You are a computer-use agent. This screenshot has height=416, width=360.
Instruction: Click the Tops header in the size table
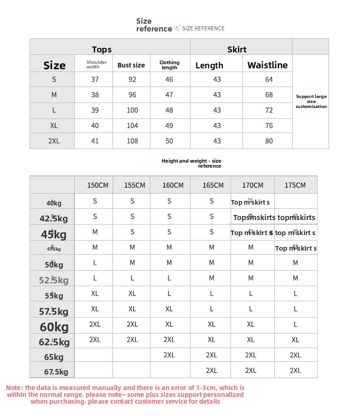click(x=102, y=49)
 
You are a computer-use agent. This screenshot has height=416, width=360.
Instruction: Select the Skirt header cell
click(x=237, y=49)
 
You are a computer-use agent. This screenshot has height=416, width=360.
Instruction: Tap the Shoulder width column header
click(x=96, y=65)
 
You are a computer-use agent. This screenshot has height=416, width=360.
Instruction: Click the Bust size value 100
click(x=132, y=110)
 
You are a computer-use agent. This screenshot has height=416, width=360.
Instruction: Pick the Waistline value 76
click(x=269, y=126)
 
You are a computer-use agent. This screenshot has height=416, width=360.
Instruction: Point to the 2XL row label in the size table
click(x=54, y=141)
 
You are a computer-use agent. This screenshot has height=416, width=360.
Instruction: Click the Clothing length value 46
click(x=169, y=79)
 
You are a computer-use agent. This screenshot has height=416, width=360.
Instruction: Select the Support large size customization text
click(x=311, y=101)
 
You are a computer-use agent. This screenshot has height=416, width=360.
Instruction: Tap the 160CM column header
click(x=173, y=185)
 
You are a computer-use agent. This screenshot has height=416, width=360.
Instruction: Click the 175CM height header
click(x=295, y=185)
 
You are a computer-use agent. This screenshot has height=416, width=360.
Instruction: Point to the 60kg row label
click(x=54, y=327)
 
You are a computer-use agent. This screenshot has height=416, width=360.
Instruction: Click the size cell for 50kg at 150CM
click(x=95, y=263)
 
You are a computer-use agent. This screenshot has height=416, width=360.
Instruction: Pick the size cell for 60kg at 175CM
click(x=295, y=324)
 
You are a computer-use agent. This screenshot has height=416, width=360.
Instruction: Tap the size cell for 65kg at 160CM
click(x=169, y=355)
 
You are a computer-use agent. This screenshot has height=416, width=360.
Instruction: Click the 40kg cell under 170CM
click(x=250, y=202)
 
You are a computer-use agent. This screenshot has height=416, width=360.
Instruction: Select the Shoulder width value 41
click(x=95, y=141)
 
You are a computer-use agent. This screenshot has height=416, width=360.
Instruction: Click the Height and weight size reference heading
click(x=191, y=163)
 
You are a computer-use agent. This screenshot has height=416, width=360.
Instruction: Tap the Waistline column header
click(x=267, y=65)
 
